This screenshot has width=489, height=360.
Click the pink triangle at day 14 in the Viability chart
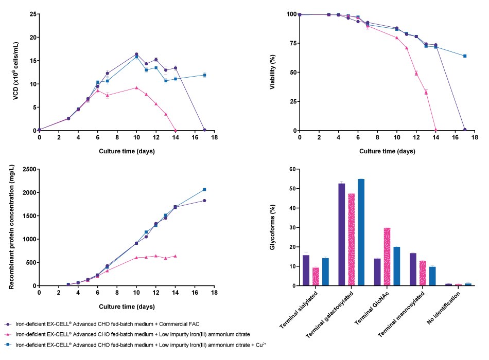(435, 130)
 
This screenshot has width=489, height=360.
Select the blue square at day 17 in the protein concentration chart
(204, 189)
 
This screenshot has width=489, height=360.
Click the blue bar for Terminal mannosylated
(432, 276)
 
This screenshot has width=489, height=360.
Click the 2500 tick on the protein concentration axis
(28, 169)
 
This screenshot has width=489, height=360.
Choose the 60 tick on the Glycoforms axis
(291, 169)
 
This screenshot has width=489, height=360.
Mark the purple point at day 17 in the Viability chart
(465, 130)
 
